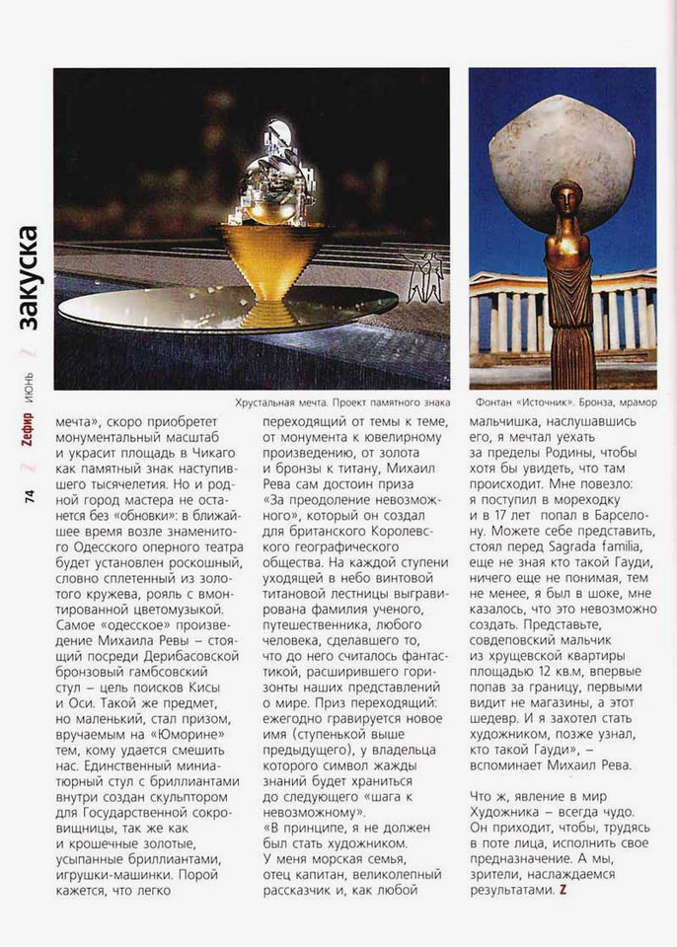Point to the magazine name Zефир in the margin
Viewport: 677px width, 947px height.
click(31, 455)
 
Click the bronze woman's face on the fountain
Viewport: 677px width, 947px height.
click(566, 196)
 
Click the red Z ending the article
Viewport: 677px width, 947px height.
click(563, 891)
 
